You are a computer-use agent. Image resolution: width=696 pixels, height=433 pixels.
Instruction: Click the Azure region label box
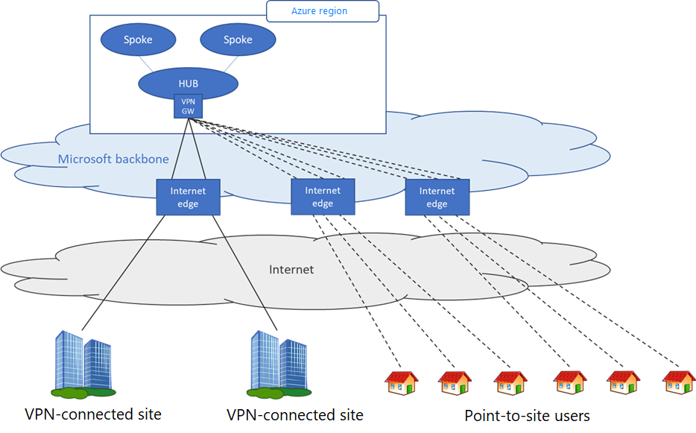tap(323, 11)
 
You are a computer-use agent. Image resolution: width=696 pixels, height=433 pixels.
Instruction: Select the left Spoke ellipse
tap(139, 40)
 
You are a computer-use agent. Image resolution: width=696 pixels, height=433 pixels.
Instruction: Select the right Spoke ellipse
tap(238, 40)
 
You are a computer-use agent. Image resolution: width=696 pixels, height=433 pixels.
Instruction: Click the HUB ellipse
tap(188, 82)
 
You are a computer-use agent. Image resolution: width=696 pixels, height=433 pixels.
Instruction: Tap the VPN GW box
tap(188, 106)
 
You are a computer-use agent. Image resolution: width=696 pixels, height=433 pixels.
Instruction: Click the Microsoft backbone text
tap(113, 159)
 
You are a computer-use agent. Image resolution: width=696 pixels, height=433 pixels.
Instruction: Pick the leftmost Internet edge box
tap(188, 197)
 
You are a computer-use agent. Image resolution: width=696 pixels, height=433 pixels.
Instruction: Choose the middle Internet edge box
tap(323, 197)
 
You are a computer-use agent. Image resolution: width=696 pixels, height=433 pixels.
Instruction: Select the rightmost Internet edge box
tap(437, 197)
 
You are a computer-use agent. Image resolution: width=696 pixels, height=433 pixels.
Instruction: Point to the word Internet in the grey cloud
tap(291, 269)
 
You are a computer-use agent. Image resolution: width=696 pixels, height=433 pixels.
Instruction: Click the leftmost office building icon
tap(83, 364)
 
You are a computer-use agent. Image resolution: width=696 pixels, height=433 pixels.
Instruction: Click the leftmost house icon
tap(401, 383)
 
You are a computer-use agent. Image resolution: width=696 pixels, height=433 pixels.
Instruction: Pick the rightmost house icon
tap(678, 383)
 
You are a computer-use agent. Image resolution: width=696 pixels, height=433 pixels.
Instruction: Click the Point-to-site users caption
tap(527, 415)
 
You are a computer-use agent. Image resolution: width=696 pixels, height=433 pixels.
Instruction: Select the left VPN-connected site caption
tap(93, 414)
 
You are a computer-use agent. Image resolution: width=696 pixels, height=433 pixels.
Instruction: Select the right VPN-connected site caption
tap(295, 414)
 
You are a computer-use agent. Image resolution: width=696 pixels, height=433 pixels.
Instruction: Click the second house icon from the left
tap(455, 383)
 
